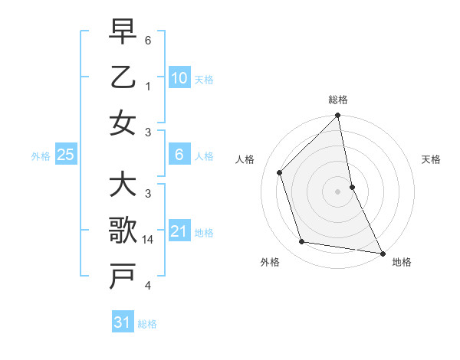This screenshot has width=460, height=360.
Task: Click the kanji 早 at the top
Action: [x=123, y=31]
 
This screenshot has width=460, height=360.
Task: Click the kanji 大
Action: [x=123, y=185]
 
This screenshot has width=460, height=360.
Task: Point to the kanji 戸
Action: [x=123, y=277]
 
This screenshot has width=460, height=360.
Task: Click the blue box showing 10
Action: [x=179, y=77]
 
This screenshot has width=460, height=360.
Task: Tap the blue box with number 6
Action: [x=179, y=155]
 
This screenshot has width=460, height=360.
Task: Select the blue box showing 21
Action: [x=179, y=231]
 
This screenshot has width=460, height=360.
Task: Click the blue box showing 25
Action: [x=66, y=155]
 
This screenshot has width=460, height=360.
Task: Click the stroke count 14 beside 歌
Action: [x=149, y=240]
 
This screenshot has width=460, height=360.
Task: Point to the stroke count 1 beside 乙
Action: [x=149, y=86]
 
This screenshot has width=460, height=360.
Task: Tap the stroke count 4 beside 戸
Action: [x=149, y=286]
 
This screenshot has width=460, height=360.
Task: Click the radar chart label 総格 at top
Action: [x=338, y=100]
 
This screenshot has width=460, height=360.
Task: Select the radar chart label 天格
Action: [x=432, y=159]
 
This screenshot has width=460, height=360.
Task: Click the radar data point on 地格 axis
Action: [x=382, y=253]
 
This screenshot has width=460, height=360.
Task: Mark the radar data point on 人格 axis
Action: [x=280, y=172]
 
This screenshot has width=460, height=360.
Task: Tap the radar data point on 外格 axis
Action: [x=302, y=242]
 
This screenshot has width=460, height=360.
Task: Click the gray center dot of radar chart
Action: [x=338, y=191]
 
